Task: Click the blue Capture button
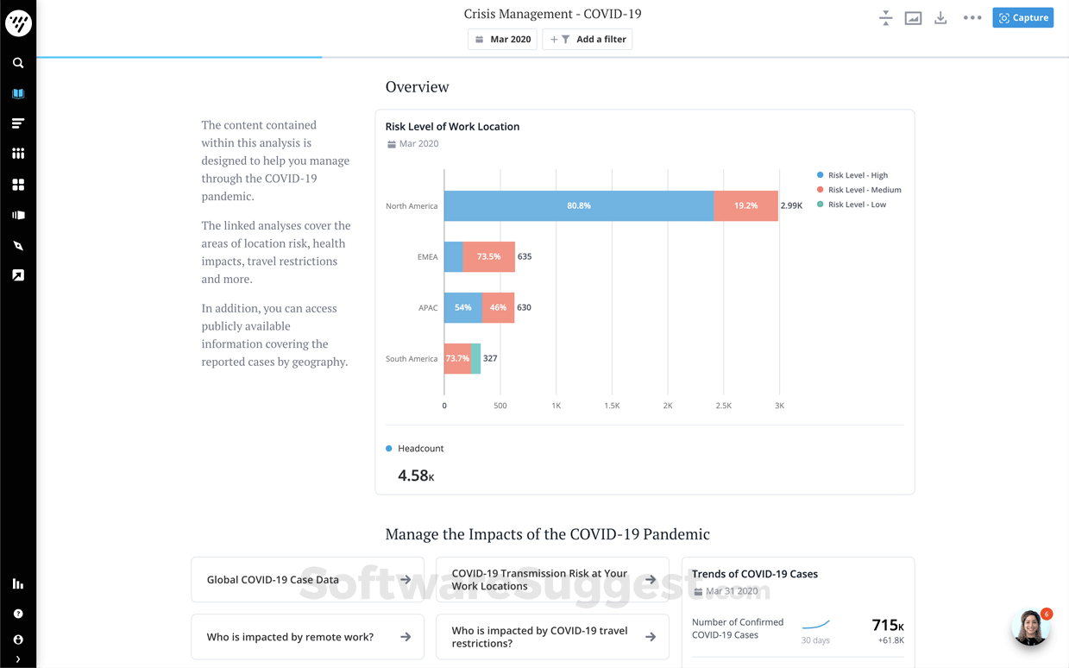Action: point(1022,17)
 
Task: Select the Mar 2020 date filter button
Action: point(502,40)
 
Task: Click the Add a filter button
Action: point(588,40)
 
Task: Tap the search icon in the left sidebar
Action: point(18,63)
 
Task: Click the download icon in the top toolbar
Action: point(940,18)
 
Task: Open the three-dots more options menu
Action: point(972,18)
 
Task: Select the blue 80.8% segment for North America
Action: point(578,206)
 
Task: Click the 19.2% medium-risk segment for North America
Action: point(745,206)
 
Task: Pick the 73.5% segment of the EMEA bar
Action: point(488,257)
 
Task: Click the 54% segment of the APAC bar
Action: point(463,308)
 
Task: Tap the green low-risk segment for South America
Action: point(476,359)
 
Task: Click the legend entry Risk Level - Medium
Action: point(864,190)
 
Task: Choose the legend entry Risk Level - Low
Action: point(856,205)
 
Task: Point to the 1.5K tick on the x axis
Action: point(612,406)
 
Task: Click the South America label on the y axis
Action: point(412,359)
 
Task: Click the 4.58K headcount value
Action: point(416,476)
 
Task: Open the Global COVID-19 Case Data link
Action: point(307,580)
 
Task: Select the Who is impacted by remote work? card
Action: point(307,637)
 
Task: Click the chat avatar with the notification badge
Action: point(1030,629)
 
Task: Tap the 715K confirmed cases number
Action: point(887,625)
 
